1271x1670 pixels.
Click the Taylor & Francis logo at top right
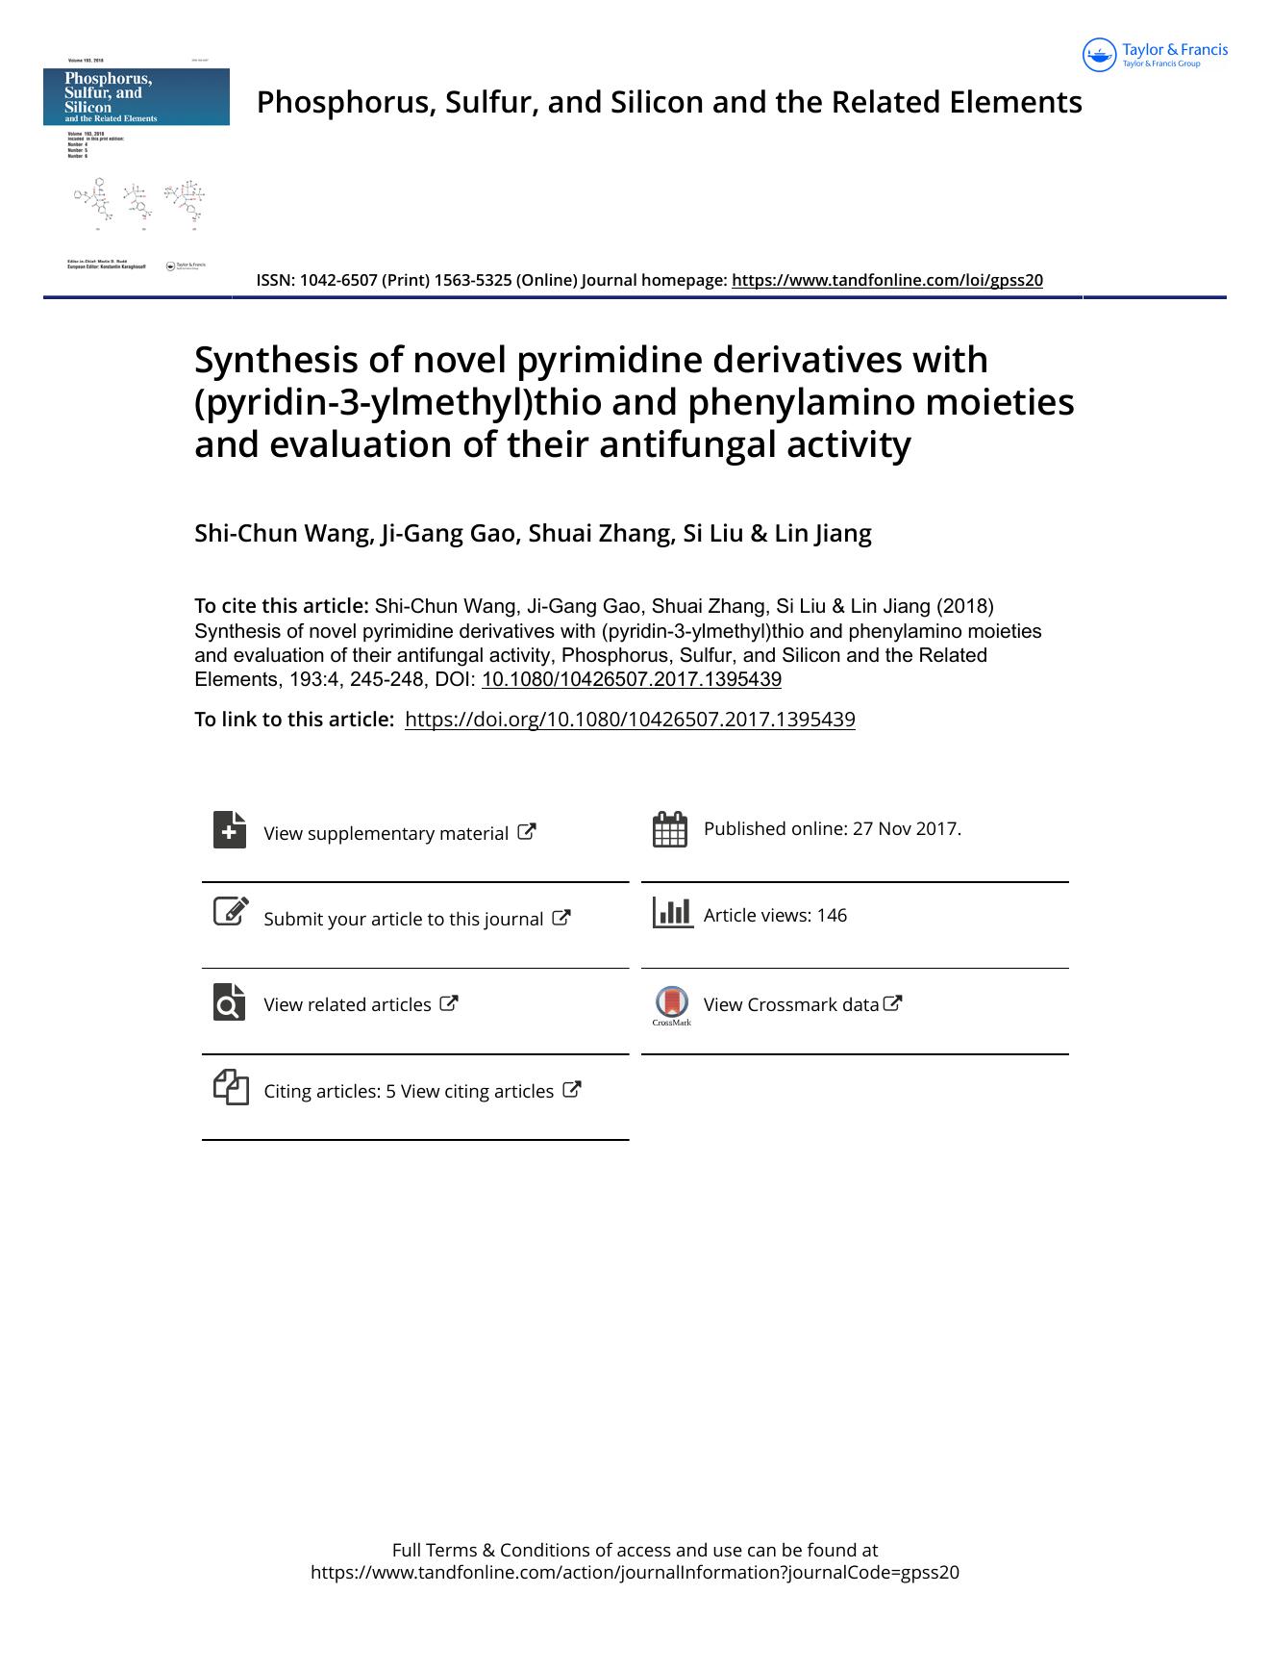pyautogui.click(x=1155, y=55)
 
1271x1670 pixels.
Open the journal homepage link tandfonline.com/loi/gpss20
pyautogui.click(x=886, y=280)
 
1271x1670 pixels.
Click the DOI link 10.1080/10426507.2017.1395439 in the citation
pyautogui.click(x=631, y=679)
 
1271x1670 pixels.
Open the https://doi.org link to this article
pyautogui.click(x=630, y=720)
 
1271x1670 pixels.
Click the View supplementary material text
pyautogui.click(x=386, y=833)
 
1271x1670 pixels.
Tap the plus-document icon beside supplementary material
pyautogui.click(x=230, y=829)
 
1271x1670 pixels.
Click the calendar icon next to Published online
pyautogui.click(x=670, y=829)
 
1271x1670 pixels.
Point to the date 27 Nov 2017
pyautogui.click(x=906, y=828)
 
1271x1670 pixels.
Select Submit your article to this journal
pyautogui.click(x=403, y=919)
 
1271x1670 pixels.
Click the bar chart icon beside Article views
pyautogui.click(x=672, y=912)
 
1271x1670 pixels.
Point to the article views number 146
pyautogui.click(x=832, y=915)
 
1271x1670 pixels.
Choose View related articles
pyautogui.click(x=347, y=1004)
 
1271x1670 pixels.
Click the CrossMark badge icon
pyautogui.click(x=671, y=1003)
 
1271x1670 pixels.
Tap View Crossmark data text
pyautogui.click(x=791, y=1004)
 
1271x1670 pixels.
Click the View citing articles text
pyautogui.click(x=477, y=1091)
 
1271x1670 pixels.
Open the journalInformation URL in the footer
pyautogui.click(x=635, y=1572)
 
